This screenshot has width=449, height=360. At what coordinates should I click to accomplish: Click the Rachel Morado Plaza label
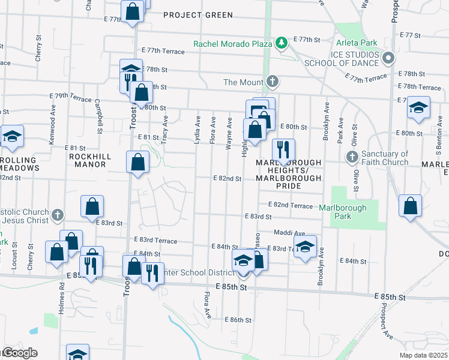coord(233,43)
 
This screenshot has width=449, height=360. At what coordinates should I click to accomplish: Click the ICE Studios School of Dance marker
coord(388,58)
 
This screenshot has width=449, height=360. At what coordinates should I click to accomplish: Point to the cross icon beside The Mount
coord(273,82)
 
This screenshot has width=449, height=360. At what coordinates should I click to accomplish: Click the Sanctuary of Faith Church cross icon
coord(352,157)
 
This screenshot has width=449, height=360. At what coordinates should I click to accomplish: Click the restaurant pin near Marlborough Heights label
coord(283,150)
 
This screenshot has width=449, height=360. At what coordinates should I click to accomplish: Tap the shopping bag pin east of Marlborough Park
coord(411,206)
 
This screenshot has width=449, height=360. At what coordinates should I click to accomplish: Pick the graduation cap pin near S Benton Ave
coord(418,109)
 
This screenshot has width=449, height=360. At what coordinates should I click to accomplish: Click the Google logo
coord(19,353)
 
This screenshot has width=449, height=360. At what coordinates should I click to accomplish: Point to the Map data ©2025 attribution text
coord(424,354)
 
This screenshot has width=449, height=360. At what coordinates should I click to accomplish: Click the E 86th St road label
coord(238,320)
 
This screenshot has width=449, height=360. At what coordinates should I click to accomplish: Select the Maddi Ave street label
coord(290,233)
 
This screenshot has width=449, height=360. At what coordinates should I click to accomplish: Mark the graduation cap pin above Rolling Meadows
coord(11,137)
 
